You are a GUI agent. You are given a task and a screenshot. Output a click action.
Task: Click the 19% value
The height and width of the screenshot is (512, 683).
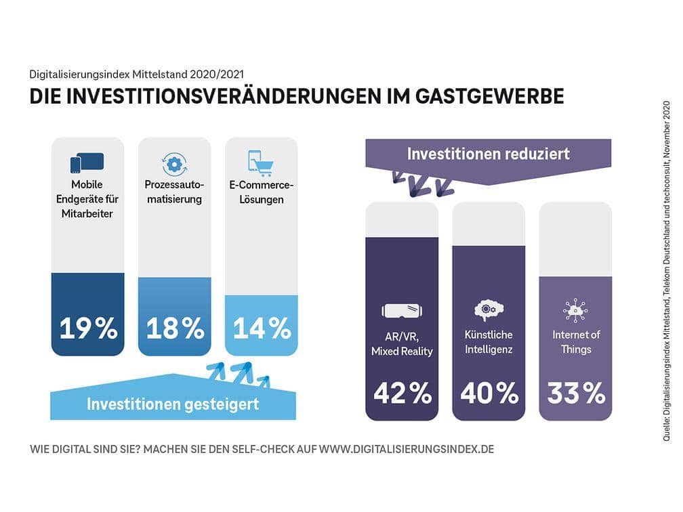(88, 328)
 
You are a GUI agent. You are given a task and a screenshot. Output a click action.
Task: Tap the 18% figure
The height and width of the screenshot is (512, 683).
(175, 328)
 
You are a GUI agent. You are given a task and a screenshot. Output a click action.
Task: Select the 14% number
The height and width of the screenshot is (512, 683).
(262, 328)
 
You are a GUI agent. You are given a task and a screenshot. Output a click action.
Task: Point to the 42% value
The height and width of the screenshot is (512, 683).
(402, 393)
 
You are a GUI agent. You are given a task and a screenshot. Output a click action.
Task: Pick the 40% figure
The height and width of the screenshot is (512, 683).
(489, 393)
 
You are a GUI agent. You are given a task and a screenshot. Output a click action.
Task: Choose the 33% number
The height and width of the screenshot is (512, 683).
(575, 393)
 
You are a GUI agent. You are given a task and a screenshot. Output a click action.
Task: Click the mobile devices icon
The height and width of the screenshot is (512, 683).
(87, 163)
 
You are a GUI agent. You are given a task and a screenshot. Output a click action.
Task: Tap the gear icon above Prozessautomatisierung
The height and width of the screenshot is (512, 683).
(174, 164)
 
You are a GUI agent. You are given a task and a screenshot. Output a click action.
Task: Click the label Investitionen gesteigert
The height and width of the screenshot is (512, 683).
(173, 404)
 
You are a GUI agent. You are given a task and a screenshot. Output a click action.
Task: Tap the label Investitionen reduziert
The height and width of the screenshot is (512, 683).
(489, 154)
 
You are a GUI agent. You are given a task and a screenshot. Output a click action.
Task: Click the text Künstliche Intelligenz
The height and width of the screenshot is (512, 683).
(489, 342)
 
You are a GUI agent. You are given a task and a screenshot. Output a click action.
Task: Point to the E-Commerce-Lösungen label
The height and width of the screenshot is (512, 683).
(261, 192)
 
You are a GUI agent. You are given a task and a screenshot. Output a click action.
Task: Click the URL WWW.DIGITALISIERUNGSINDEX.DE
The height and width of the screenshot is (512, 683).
(406, 450)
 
